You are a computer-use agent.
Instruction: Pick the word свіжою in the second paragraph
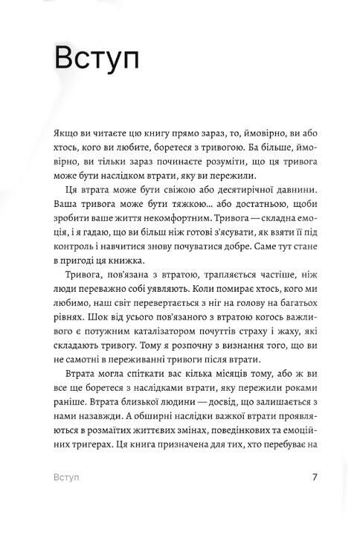(x=168, y=190)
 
